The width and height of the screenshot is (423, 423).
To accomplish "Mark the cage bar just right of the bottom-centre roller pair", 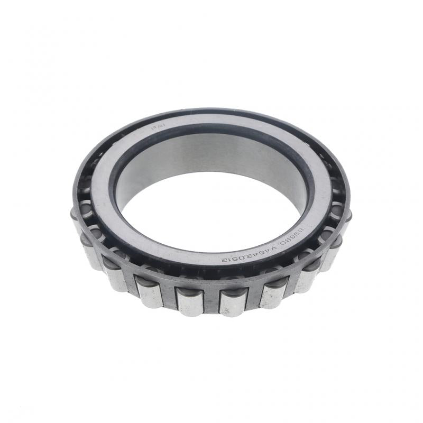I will (x=253, y=298).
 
